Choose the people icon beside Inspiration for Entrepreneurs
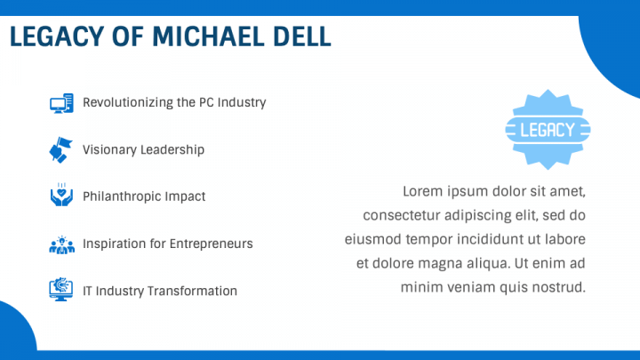(61, 244)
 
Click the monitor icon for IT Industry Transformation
(60, 290)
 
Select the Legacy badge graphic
(548, 130)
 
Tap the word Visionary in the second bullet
(110, 149)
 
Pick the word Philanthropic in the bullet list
(122, 196)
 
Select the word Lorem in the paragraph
(421, 190)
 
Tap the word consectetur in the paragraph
(401, 215)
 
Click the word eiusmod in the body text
(372, 239)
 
